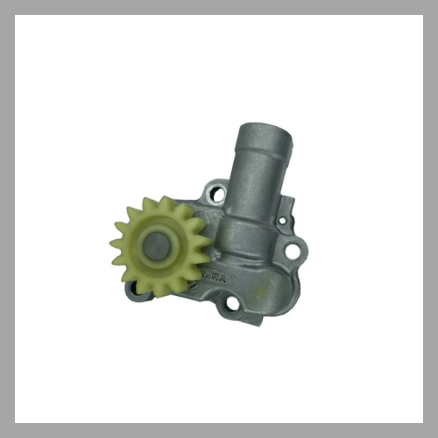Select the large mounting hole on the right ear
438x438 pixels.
tap(292, 252)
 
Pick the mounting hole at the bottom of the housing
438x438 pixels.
tap(231, 305)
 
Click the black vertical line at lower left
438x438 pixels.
tap(18, 372)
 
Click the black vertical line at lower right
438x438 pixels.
tap(420, 372)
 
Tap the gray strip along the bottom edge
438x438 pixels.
tap(219, 430)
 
